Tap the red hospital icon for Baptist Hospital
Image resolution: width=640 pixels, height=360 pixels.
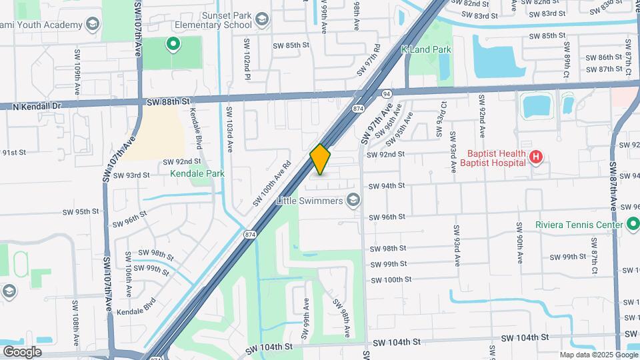point(535,157)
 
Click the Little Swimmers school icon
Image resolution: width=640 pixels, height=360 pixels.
point(353,201)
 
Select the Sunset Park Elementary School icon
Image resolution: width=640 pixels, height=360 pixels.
point(261,19)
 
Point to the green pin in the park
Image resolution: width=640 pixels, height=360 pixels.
point(173,45)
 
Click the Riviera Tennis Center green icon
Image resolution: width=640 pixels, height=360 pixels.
point(631,225)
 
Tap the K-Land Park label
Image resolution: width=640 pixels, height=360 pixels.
point(426,49)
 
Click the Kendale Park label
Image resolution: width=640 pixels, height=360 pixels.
point(197,174)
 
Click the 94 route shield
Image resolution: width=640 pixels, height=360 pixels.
point(386,95)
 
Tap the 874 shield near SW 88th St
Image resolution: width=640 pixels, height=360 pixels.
point(358,108)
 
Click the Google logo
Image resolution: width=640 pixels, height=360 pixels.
point(21,352)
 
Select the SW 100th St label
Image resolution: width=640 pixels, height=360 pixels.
point(391,280)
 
